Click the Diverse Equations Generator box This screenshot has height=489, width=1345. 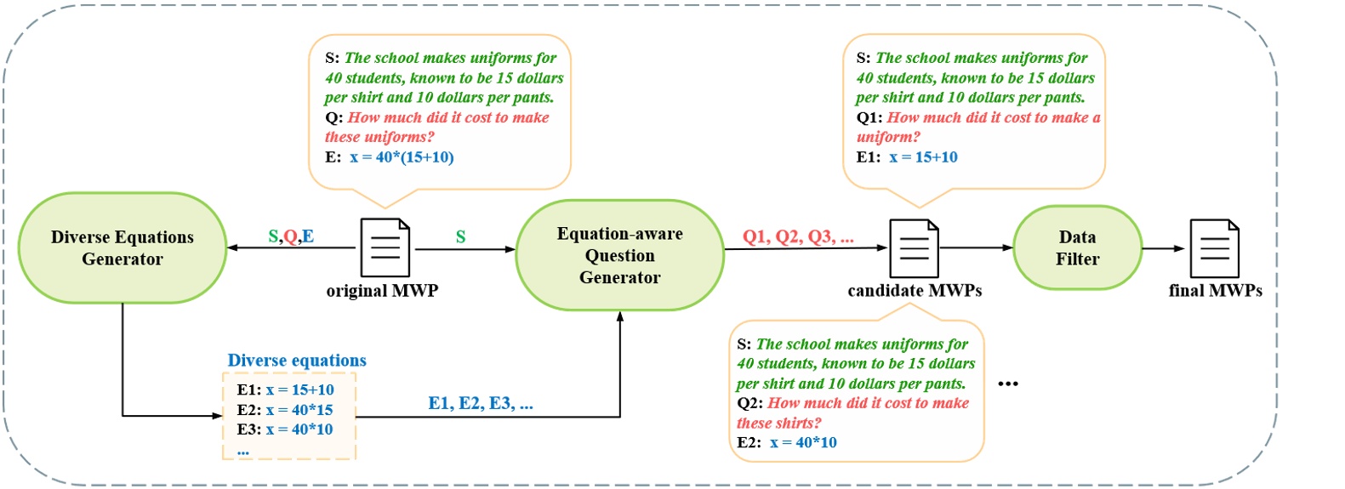122,247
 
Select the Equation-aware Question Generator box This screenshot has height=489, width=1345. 619,255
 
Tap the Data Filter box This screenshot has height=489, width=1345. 1077,247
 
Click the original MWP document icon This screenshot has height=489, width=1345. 385,247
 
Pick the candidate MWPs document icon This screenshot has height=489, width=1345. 914,247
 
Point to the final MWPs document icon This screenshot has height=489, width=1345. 1214,247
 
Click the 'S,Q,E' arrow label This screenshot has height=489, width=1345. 291,236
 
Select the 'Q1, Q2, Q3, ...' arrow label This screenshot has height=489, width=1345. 798,236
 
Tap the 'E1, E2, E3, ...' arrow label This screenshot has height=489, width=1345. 481,403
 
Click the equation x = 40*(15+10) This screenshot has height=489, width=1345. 402,157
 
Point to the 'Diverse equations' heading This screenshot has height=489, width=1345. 297,361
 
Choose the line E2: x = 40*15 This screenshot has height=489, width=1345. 285,410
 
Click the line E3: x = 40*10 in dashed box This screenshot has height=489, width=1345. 285,429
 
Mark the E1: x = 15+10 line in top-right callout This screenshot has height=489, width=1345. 907,157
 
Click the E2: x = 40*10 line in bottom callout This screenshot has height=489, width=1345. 787,442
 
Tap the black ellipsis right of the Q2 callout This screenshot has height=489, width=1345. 1007,384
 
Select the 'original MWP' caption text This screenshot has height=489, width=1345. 382,291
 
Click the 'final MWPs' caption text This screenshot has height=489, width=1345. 1215,291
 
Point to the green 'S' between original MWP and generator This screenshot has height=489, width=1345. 460,236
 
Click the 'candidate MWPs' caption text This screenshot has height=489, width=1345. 915,291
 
